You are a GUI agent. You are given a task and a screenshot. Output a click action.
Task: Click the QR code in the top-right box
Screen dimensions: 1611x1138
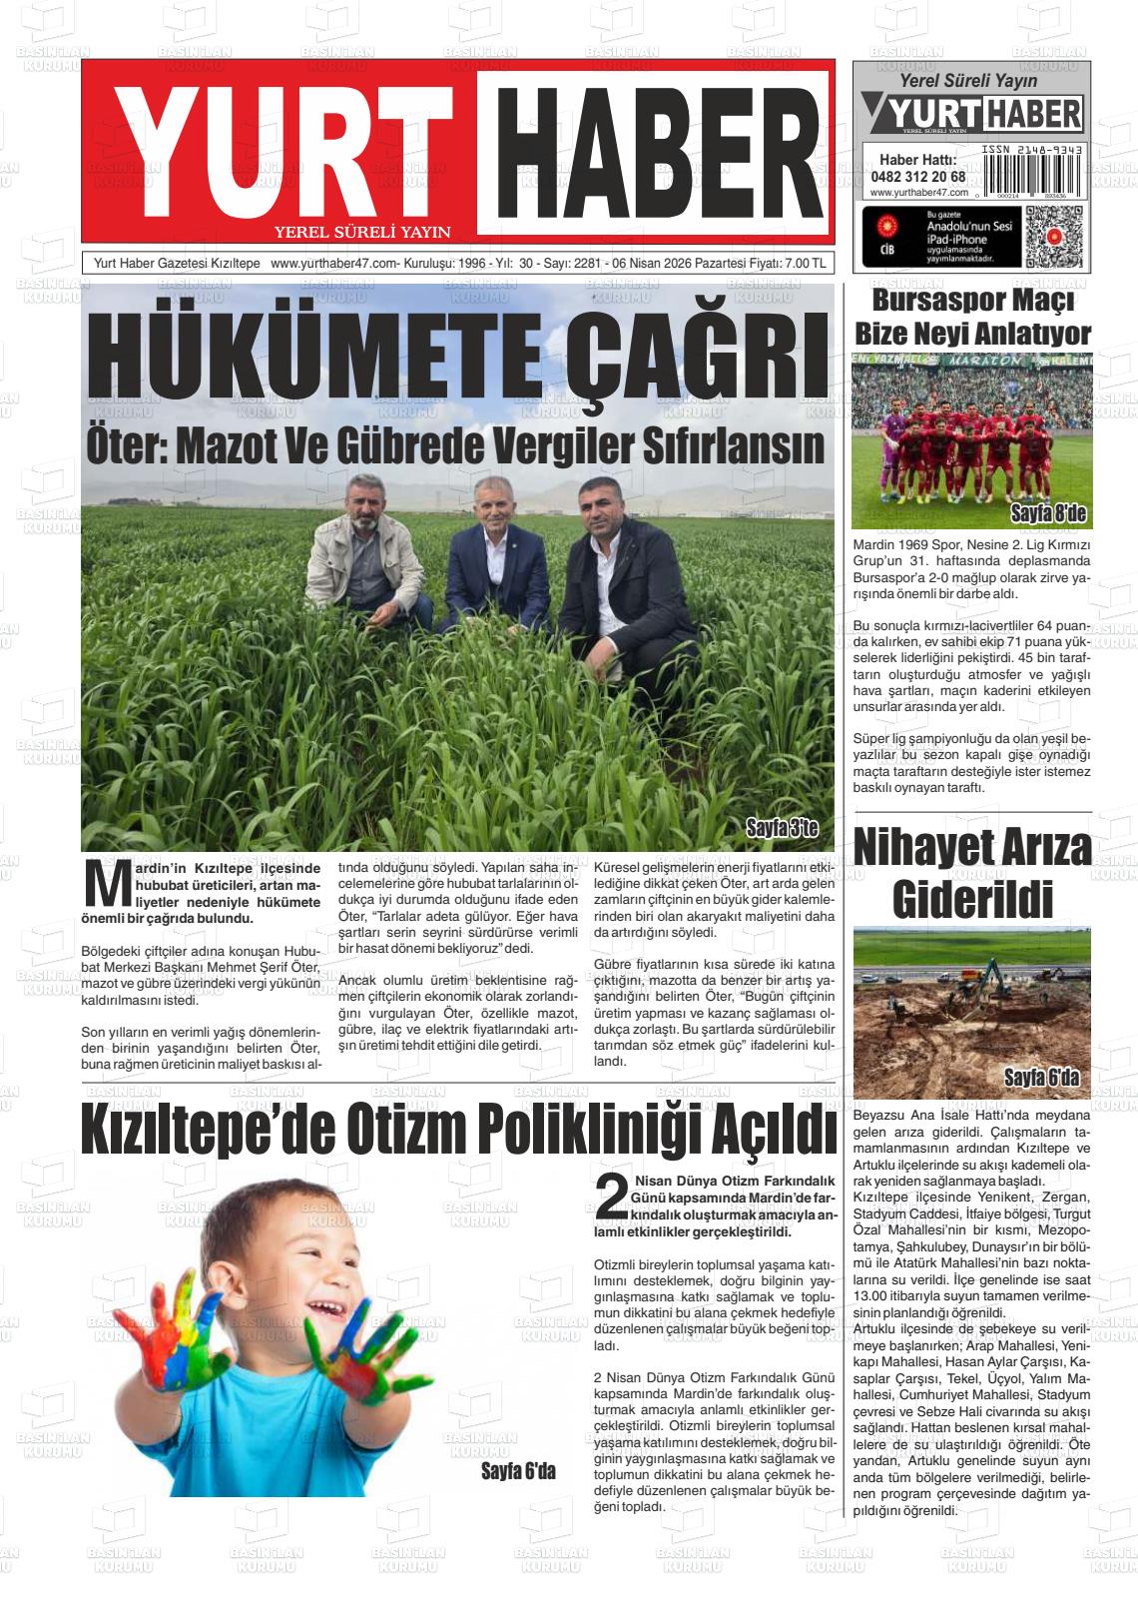[x=1053, y=237]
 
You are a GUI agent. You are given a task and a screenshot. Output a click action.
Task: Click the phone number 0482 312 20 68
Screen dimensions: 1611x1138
[x=917, y=177]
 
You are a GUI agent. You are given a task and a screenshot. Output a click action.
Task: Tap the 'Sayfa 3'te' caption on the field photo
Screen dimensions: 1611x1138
[x=781, y=827]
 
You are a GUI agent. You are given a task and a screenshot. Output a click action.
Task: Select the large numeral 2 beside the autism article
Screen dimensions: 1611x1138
[x=611, y=1199]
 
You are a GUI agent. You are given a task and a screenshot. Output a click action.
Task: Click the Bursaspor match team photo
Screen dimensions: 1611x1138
[x=970, y=439]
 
